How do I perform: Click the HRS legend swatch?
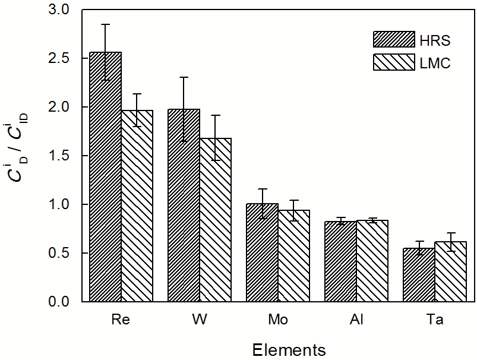tap(394, 39)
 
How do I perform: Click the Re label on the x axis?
tap(121, 320)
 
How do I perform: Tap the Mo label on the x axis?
tap(278, 320)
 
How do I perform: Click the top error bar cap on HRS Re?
tap(105, 24)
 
